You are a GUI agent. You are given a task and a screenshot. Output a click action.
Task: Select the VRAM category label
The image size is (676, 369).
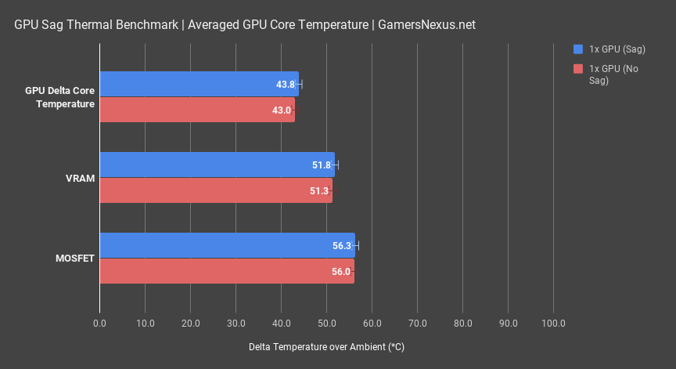click(81, 178)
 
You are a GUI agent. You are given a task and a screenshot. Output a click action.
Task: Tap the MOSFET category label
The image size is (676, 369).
click(75, 259)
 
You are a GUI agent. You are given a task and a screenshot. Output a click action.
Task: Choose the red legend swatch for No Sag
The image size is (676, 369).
click(578, 68)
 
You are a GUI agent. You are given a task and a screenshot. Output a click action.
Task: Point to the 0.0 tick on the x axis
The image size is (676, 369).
click(99, 323)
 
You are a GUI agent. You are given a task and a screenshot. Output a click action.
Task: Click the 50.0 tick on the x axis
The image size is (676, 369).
click(326, 323)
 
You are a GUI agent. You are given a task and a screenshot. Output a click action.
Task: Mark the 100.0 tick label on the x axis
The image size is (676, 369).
click(553, 323)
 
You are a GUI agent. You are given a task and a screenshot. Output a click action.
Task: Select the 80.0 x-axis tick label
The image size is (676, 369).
click(462, 323)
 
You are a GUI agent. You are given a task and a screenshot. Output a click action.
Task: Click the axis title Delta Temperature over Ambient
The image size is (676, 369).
click(326, 346)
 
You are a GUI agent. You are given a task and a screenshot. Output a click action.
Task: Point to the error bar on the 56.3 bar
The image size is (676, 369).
click(357, 245)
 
